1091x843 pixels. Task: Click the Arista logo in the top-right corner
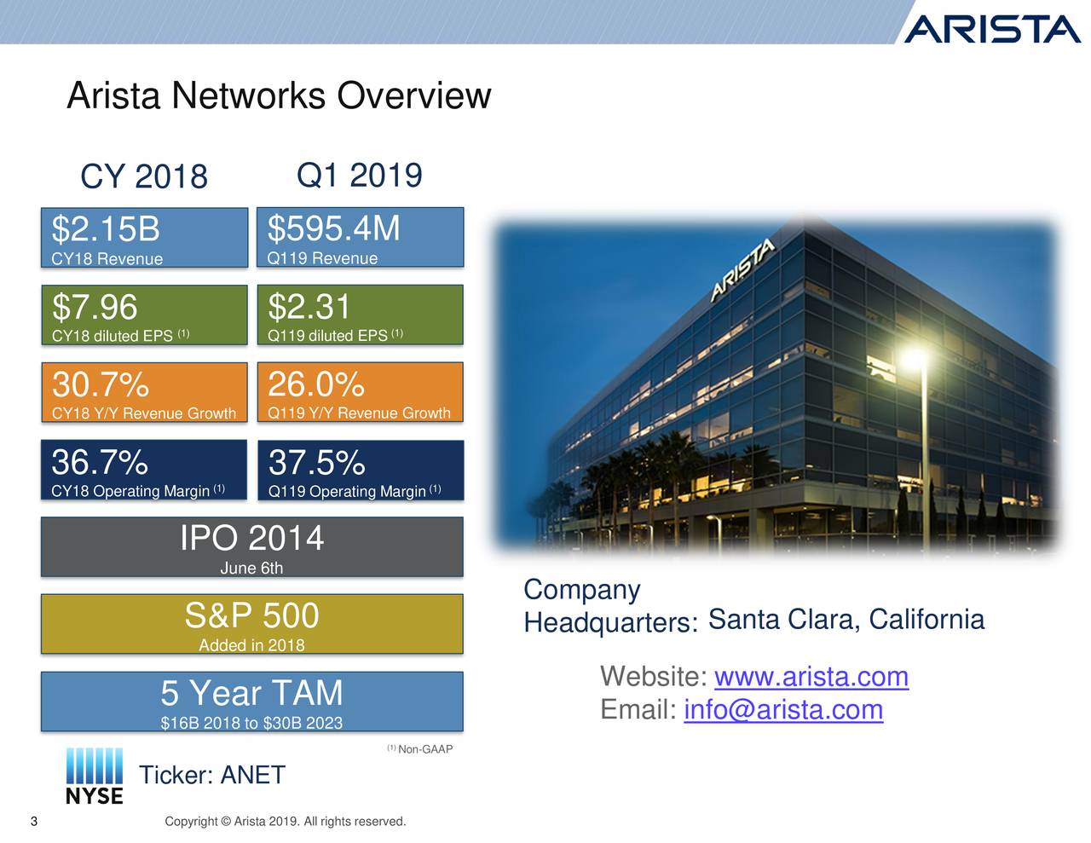pyautogui.click(x=990, y=29)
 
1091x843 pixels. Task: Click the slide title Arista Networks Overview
pyautogui.click(x=279, y=95)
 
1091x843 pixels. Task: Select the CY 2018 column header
pyautogui.click(x=143, y=177)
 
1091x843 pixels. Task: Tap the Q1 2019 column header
pyautogui.click(x=359, y=176)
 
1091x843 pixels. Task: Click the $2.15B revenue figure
pyautogui.click(x=106, y=229)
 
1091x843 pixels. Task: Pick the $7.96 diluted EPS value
pyautogui.click(x=95, y=307)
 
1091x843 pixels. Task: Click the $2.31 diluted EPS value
pyautogui.click(x=309, y=307)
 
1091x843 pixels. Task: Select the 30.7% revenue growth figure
pyautogui.click(x=100, y=385)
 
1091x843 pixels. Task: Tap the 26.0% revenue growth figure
pyautogui.click(x=316, y=384)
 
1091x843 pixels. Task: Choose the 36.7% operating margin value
pyautogui.click(x=100, y=463)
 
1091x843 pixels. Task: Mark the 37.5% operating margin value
pyautogui.click(x=316, y=464)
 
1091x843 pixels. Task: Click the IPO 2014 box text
pyautogui.click(x=251, y=539)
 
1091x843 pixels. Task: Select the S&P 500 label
pyautogui.click(x=251, y=615)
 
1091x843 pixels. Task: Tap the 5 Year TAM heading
pyautogui.click(x=251, y=693)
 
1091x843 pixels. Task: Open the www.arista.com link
pyautogui.click(x=811, y=677)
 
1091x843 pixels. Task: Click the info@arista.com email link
pyautogui.click(x=782, y=709)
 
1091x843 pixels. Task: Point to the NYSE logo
pyautogui.click(x=95, y=776)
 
